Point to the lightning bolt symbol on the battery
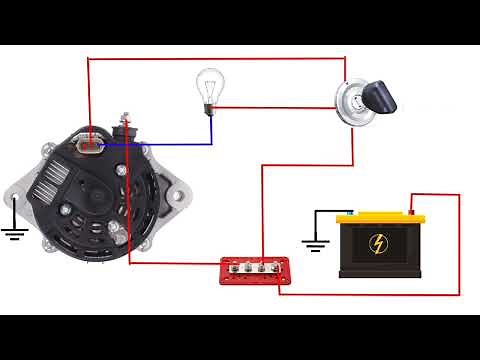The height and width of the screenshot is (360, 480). (381, 244)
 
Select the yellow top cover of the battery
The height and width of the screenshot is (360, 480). (381, 218)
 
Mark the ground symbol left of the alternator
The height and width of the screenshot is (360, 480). (12, 235)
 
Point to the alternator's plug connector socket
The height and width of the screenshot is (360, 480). (91, 142)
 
